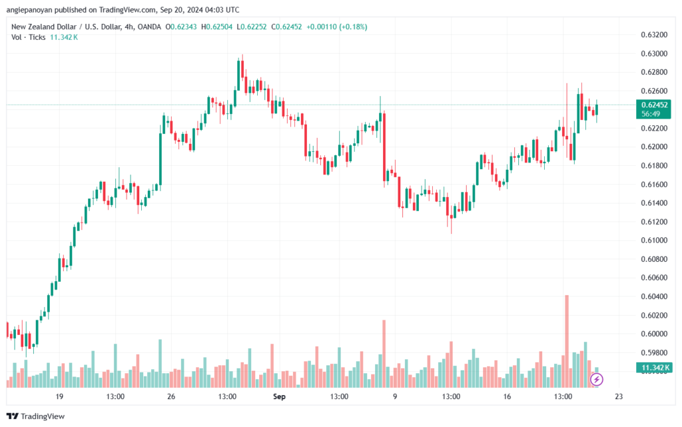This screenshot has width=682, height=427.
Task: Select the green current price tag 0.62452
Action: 655,105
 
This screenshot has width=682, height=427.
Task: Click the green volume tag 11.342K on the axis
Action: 655,368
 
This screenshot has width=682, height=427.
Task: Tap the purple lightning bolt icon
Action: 597,379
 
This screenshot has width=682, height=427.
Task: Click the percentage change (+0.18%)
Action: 352,27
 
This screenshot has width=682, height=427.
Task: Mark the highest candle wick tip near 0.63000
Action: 242,55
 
